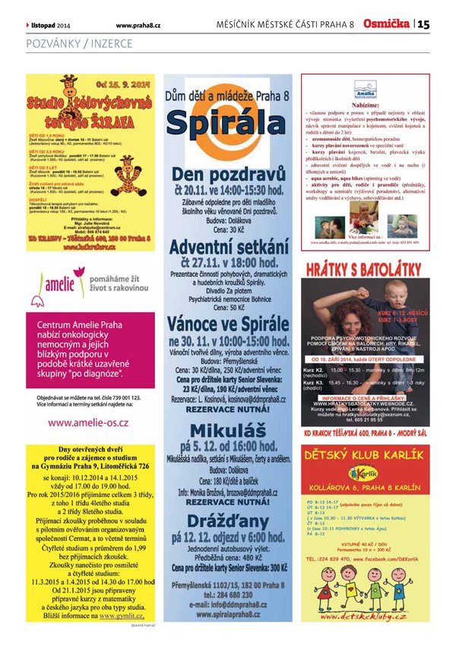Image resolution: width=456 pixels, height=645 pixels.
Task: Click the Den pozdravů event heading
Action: point(227,172)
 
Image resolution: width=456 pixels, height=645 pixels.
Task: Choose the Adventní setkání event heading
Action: point(227,247)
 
